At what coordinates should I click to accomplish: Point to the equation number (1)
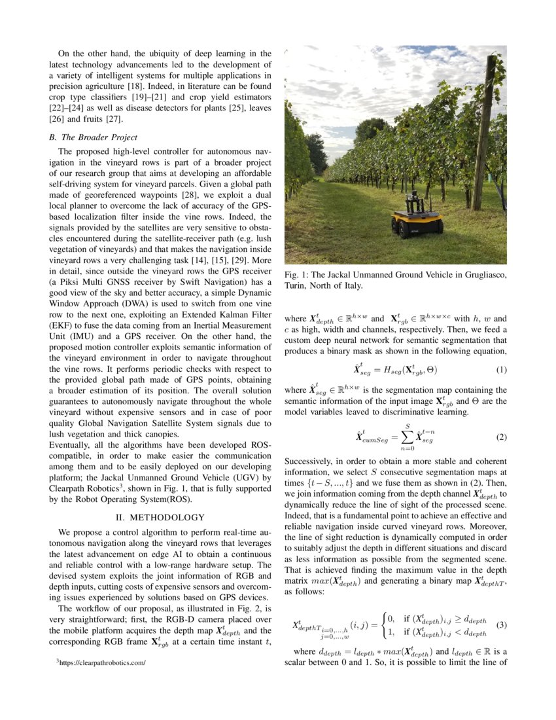point(501,370)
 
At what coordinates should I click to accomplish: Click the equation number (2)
point(501,437)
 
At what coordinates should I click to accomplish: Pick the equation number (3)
point(501,624)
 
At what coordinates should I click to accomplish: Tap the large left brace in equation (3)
point(385,624)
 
